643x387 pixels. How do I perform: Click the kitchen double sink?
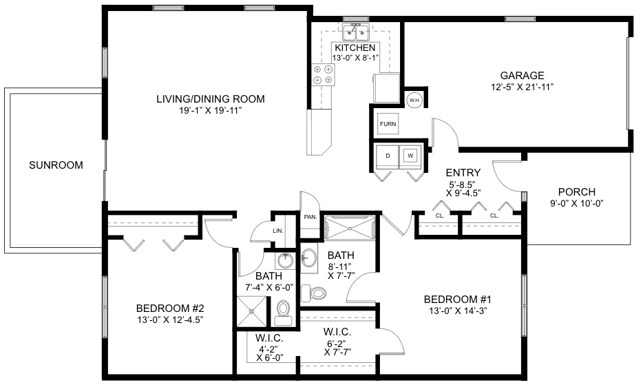coord(355,32)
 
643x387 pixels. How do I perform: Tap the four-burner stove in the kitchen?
coord(323,74)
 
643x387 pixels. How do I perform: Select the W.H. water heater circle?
coord(413,100)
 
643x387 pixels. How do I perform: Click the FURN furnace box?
coord(388,123)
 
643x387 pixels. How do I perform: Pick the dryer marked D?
coord(388,156)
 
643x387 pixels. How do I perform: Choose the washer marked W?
coord(410,156)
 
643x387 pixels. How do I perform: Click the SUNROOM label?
coord(56,165)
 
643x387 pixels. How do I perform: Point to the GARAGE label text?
coord(522,76)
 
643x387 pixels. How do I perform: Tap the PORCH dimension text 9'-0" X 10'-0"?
coord(577,203)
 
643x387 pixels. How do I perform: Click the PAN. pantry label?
coord(310,217)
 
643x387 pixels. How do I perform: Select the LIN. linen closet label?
coord(278,231)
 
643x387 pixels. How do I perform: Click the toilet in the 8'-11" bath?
coord(314,293)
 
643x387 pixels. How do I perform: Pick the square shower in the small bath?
coord(251,311)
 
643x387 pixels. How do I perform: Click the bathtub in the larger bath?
coord(350,227)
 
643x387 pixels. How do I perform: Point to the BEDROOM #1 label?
coord(458,299)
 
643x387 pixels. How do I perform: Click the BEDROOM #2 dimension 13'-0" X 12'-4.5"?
coord(170,320)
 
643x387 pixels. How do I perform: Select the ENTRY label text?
coord(463,173)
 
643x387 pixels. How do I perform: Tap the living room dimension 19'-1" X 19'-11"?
coord(211,110)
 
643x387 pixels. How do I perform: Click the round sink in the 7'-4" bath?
coord(284,260)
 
